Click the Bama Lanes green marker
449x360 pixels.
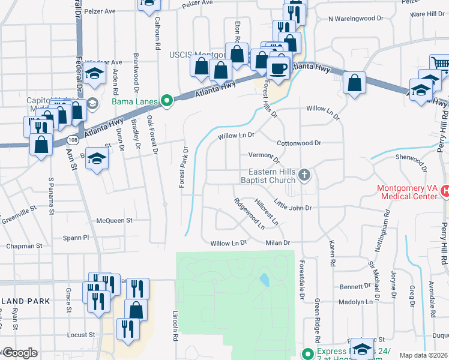[x=169, y=101]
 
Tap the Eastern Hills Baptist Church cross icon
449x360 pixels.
[x=304, y=175]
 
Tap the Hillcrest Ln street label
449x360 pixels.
[x=267, y=212]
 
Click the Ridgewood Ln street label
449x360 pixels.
[x=250, y=214]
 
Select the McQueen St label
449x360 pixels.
[x=114, y=221]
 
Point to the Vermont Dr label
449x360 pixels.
[x=264, y=157]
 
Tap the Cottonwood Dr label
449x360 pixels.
[x=300, y=143]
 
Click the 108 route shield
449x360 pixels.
[x=73, y=139]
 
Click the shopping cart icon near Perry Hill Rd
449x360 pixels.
[x=440, y=62]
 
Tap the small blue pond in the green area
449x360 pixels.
[x=264, y=280]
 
